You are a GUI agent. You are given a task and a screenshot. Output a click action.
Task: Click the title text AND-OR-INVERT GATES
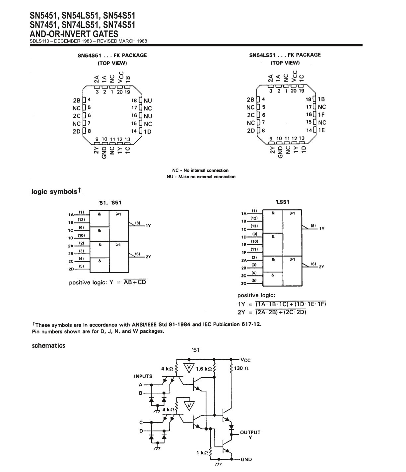74,34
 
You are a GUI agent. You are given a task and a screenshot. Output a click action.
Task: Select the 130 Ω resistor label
241,368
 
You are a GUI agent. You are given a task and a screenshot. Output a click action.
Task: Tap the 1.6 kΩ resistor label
204,369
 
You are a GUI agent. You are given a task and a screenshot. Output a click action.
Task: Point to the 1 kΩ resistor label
202,452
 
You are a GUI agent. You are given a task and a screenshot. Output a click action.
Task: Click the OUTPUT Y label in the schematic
250,435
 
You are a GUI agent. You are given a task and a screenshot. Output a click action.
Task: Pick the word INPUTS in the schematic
143,376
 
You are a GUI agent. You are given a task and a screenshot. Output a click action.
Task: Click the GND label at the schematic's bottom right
246,459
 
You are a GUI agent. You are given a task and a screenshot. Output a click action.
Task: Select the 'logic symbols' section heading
54,191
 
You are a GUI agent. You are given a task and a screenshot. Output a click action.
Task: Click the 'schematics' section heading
48,345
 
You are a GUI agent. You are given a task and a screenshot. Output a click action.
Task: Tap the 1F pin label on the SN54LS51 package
321,115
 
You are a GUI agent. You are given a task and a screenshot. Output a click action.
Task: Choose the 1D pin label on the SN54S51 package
148,132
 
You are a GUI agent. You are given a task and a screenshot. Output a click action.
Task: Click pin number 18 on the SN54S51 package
134,100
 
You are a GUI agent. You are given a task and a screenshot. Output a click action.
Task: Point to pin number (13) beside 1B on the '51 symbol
81,220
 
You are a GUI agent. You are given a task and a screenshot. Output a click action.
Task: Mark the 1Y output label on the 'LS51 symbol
322,229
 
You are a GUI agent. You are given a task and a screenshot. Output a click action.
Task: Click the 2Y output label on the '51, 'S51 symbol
149,257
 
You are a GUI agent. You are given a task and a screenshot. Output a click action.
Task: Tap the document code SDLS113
39,41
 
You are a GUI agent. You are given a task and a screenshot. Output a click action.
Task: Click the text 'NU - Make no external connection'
201,177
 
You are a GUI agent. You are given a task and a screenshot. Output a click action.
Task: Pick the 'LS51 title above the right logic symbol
283,202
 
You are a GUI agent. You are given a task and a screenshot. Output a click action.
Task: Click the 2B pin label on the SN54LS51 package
250,99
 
